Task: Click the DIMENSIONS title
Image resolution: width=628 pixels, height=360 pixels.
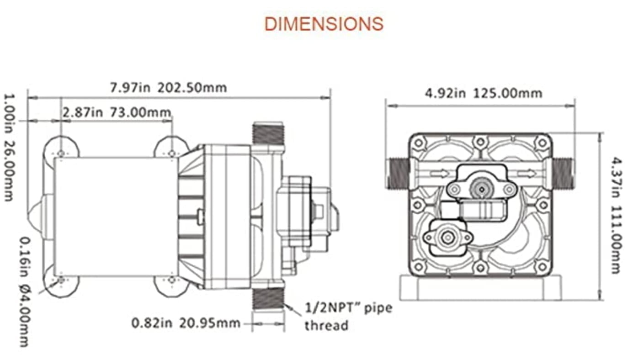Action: pos(324,24)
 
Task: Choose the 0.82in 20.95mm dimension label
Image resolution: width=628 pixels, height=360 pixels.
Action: pos(186,323)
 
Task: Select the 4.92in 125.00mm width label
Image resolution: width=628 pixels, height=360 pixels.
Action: pos(484,94)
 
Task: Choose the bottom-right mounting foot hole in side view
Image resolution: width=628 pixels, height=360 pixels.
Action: pos(171,279)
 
